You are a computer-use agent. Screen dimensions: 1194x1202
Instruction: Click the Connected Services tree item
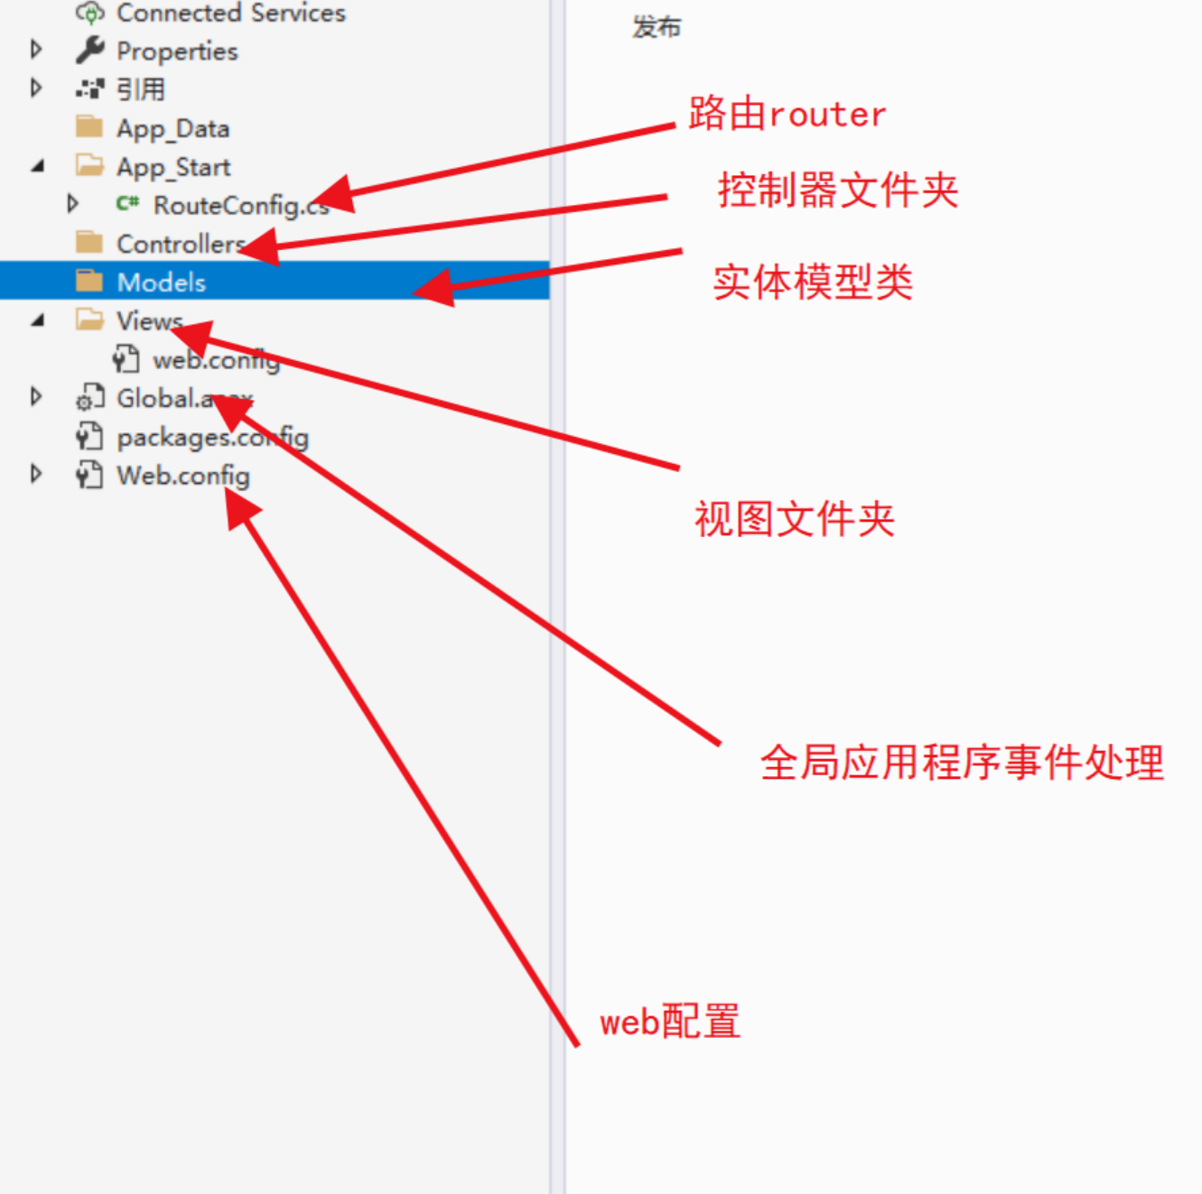230,13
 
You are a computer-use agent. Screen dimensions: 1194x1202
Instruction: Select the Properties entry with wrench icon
177,51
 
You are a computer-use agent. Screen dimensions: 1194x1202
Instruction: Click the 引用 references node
141,89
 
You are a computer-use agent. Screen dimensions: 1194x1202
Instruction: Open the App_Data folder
172,128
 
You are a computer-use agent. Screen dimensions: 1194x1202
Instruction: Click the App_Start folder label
173,167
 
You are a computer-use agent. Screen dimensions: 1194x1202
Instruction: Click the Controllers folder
179,244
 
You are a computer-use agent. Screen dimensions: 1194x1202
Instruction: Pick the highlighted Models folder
161,282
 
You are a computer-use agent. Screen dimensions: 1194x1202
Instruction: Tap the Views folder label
149,321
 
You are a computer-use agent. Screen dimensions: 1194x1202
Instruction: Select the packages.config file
212,438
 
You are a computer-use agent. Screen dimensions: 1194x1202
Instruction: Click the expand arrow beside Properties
36,49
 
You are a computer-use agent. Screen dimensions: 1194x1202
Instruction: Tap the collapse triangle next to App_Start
38,166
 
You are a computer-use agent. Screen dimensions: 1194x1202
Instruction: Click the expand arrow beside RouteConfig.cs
73,204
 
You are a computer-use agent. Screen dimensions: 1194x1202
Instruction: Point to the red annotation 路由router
787,115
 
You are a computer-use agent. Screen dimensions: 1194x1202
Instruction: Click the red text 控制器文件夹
837,190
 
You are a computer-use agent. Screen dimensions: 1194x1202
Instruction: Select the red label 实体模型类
813,282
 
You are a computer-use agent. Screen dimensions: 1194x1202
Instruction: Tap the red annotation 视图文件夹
794,519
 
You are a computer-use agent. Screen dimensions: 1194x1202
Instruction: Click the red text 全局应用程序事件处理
962,763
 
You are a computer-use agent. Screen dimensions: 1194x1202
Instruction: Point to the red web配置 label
670,1022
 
